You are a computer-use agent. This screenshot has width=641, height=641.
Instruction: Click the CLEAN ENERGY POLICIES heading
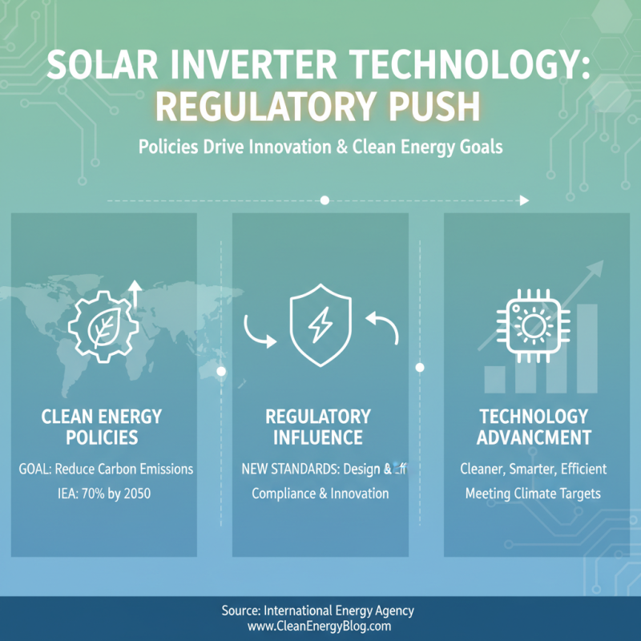coord(102,427)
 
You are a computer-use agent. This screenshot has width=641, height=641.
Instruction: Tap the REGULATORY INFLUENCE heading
coord(318,427)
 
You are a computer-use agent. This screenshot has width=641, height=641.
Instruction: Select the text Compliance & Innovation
coord(320,494)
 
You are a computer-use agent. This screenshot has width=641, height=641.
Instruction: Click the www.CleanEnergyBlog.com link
coord(319,627)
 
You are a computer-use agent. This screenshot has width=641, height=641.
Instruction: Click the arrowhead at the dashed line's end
coord(524,200)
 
